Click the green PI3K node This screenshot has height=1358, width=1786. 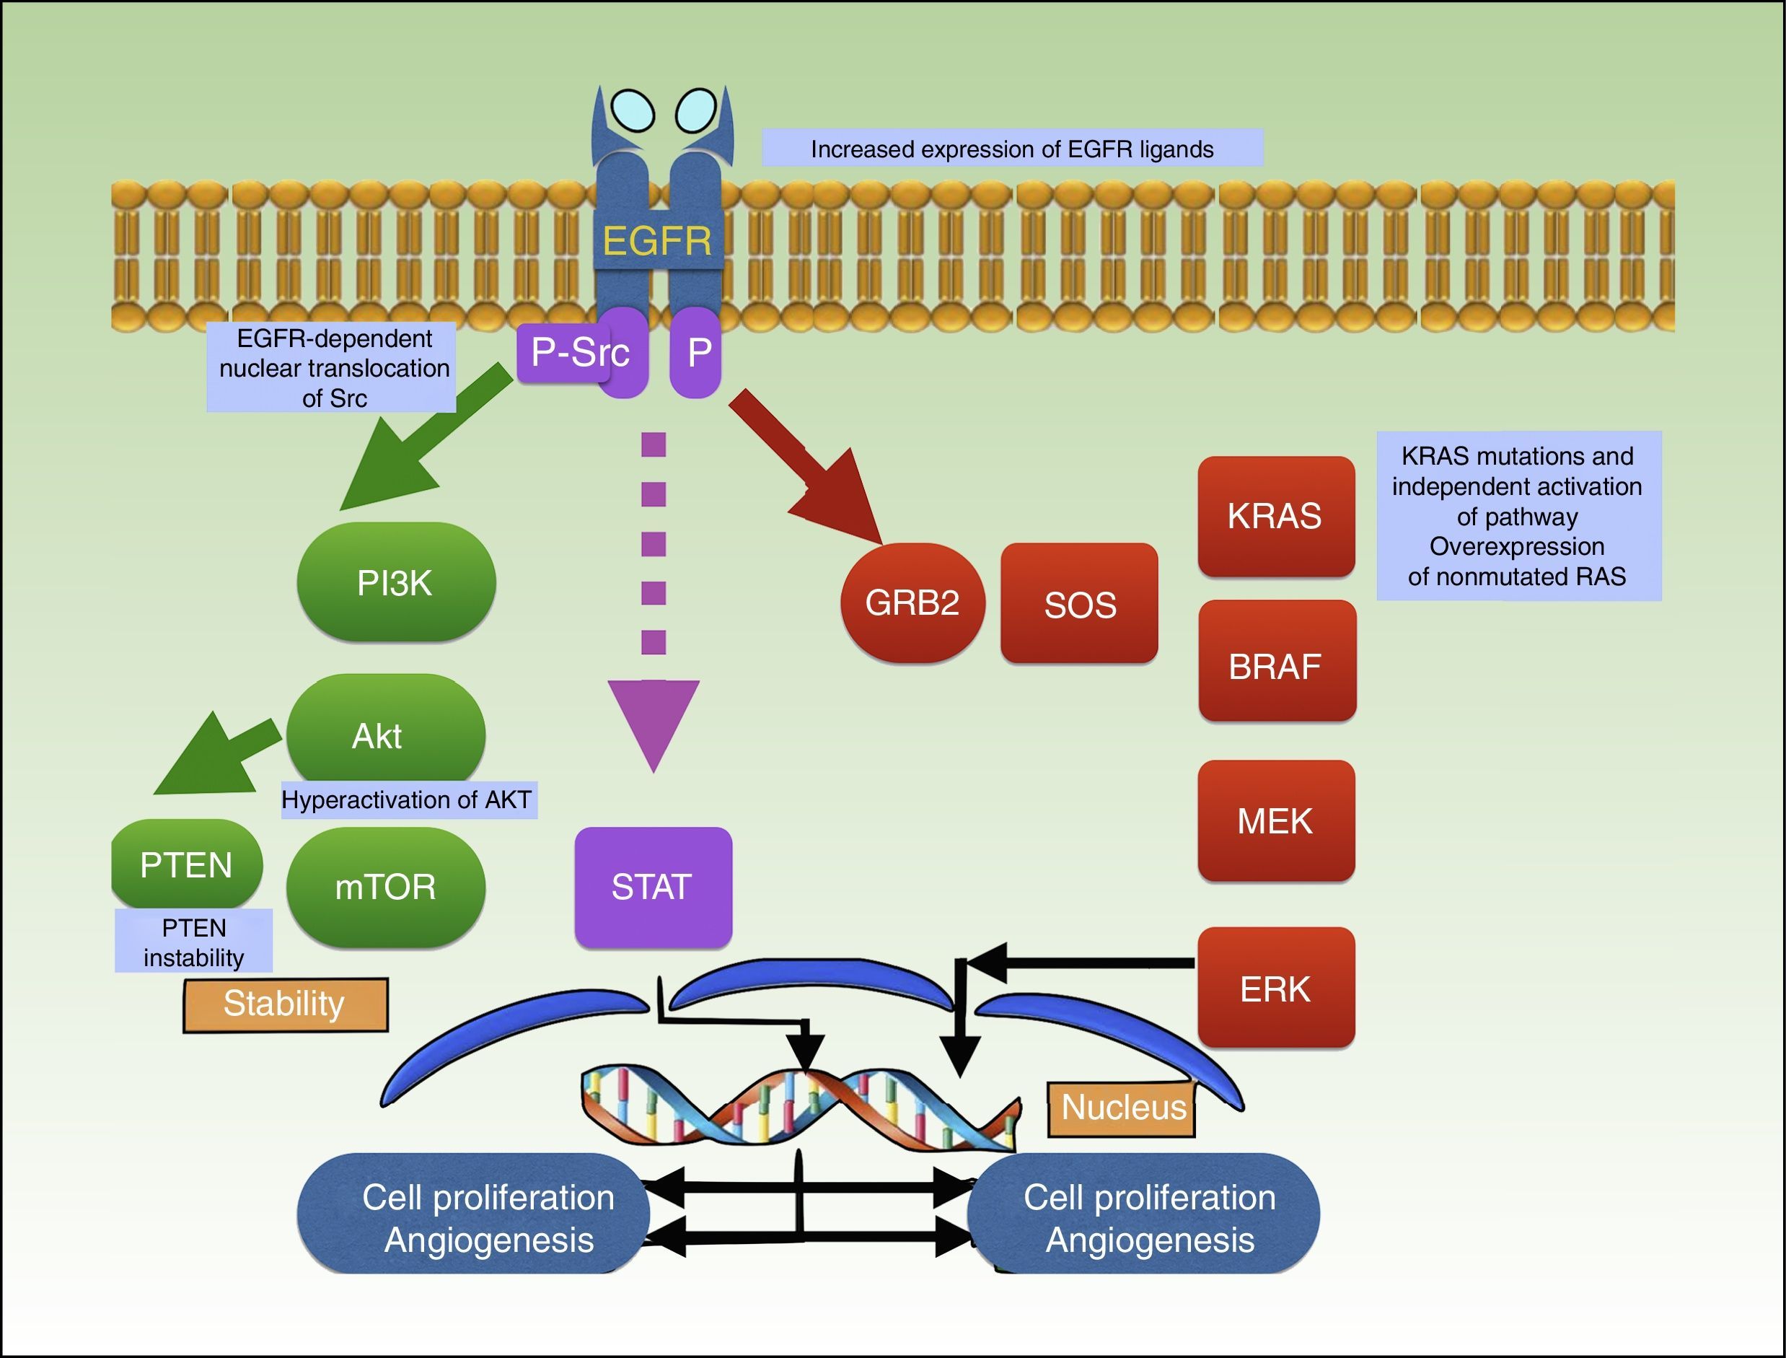point(396,582)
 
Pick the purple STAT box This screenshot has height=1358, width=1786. point(653,887)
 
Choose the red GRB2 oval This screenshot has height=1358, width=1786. point(912,603)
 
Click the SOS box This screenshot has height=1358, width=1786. point(1079,604)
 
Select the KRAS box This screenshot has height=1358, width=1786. point(1275,516)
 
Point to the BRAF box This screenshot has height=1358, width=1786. point(1276,661)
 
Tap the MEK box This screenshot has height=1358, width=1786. point(1275,820)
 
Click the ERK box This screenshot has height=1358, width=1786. point(1275,988)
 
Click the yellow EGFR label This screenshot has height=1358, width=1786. point(657,241)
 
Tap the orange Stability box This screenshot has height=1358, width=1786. point(285,1004)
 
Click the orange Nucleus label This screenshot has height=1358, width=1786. point(1122,1108)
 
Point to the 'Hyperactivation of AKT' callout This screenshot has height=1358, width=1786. point(408,800)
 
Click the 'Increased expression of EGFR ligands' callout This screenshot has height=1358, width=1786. point(1012,149)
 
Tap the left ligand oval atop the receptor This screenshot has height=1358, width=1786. point(632,109)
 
